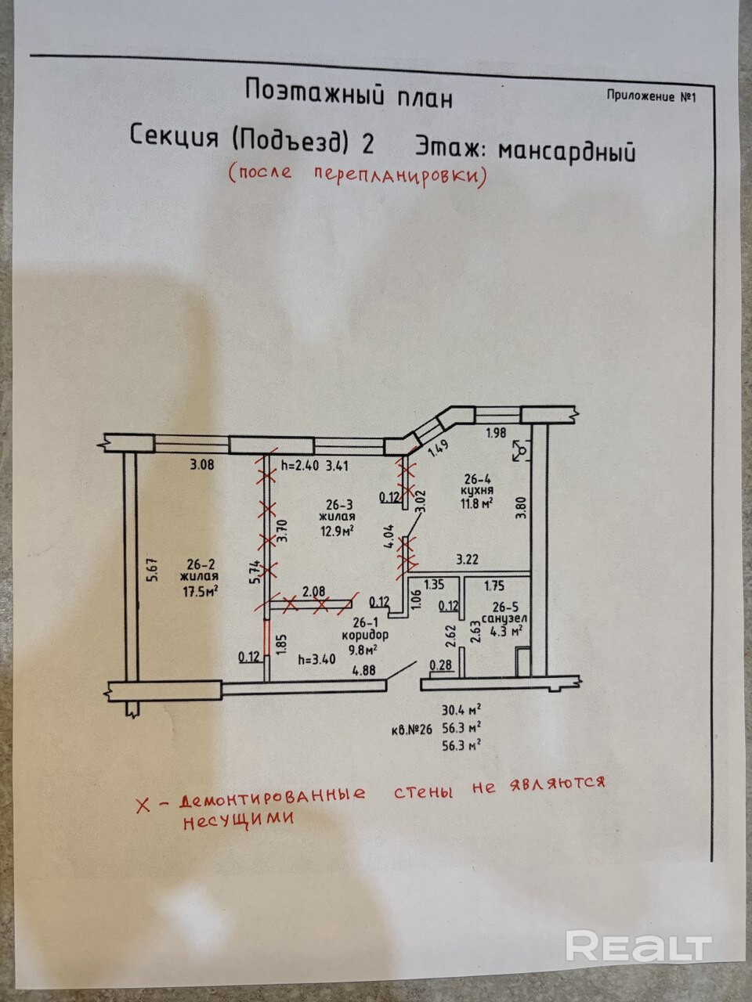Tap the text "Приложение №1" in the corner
651,96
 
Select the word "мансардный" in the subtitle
566,150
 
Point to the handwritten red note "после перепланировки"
357,174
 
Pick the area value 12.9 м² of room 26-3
336,531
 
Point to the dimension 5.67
153,568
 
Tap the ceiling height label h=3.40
317,658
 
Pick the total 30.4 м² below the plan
461,711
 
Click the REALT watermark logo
638,946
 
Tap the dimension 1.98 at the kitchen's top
497,432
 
